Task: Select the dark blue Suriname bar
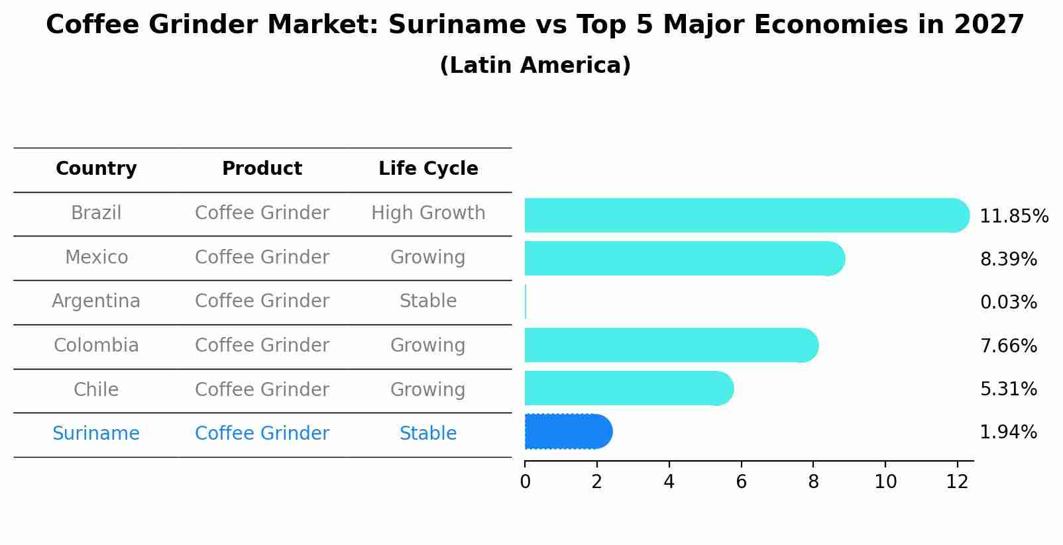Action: click(567, 432)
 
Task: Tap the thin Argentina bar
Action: click(526, 302)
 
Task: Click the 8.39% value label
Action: click(1008, 259)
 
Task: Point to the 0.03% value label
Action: click(1008, 302)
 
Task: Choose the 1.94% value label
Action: click(1008, 432)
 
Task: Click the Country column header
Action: click(96, 169)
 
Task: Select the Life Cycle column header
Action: click(428, 169)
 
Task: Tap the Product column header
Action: click(262, 169)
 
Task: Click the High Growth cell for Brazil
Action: click(428, 213)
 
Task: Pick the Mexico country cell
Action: click(96, 257)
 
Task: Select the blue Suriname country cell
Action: click(96, 434)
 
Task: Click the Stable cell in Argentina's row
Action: click(428, 301)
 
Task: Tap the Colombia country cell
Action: click(96, 346)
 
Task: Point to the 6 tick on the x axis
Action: click(741, 481)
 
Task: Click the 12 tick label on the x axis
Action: click(957, 481)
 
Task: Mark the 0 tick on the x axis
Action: click(525, 481)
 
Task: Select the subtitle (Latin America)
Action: click(535, 66)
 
